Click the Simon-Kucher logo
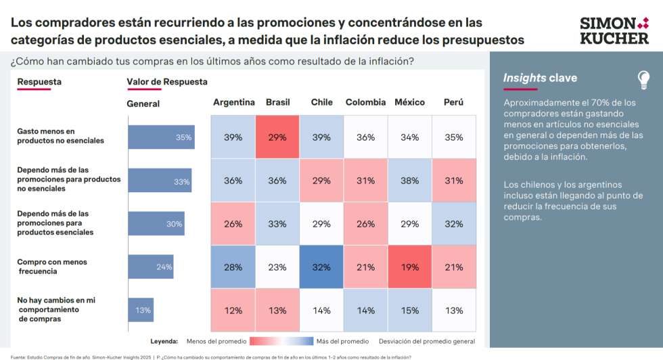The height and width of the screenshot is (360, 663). click(x=614, y=30)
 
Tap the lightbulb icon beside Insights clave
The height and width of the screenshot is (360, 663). click(x=643, y=80)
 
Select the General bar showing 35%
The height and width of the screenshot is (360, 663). click(x=161, y=137)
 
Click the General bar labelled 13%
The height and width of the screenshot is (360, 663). click(x=141, y=310)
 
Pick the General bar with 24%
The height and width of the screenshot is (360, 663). click(x=150, y=267)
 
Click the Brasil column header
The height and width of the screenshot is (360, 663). click(x=277, y=102)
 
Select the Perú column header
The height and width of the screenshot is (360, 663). click(x=453, y=102)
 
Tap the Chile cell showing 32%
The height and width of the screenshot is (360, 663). click(x=321, y=267)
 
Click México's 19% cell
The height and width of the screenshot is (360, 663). click(x=409, y=267)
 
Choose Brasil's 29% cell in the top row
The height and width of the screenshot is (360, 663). click(x=277, y=137)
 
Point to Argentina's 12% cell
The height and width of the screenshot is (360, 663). click(x=233, y=311)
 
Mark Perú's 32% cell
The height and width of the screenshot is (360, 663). click(x=453, y=224)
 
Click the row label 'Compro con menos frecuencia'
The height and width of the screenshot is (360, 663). click(x=52, y=267)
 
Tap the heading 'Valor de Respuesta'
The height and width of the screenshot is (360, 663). click(x=167, y=82)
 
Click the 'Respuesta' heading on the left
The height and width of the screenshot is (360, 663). click(x=39, y=82)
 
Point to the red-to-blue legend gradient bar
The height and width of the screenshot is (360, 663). click(x=281, y=341)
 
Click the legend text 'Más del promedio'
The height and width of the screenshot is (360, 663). click(x=344, y=341)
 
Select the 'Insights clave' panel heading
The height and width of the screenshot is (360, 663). click(x=540, y=78)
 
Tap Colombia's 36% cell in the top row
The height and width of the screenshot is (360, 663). click(x=365, y=137)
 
